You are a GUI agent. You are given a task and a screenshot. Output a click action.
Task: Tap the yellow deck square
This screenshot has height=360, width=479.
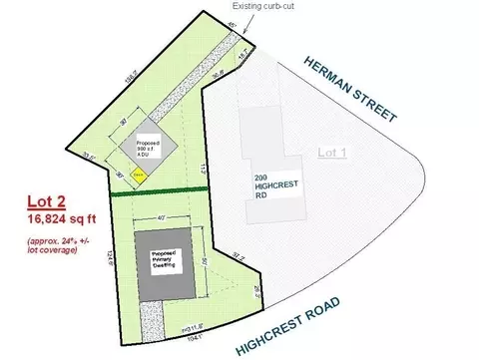click(140, 172)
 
